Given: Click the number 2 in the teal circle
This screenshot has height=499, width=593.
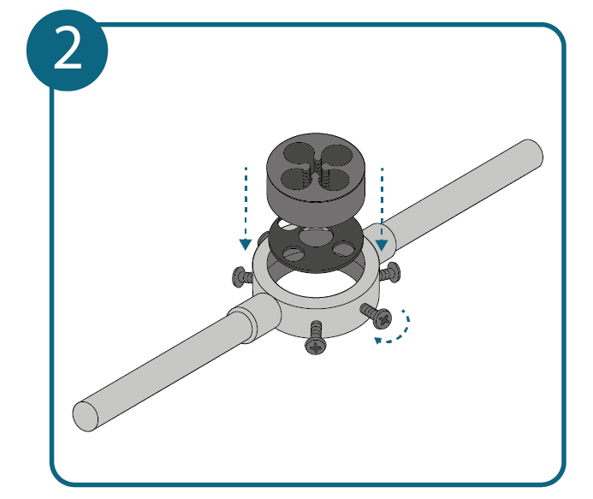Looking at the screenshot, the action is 68,49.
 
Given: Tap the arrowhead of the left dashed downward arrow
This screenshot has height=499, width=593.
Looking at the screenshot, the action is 246,245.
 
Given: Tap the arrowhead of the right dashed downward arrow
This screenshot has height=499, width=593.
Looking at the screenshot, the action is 382,245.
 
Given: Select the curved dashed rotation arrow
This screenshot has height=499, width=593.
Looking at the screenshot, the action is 395,330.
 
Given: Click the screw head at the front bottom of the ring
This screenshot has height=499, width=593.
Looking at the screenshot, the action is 316,345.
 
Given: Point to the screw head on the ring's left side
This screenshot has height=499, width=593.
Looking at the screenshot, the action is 239,277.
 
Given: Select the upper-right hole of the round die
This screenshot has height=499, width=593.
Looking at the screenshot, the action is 335,156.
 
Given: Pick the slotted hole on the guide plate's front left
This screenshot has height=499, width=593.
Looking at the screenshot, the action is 294,253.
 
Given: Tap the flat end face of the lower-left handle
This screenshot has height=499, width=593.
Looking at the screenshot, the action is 85,416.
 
